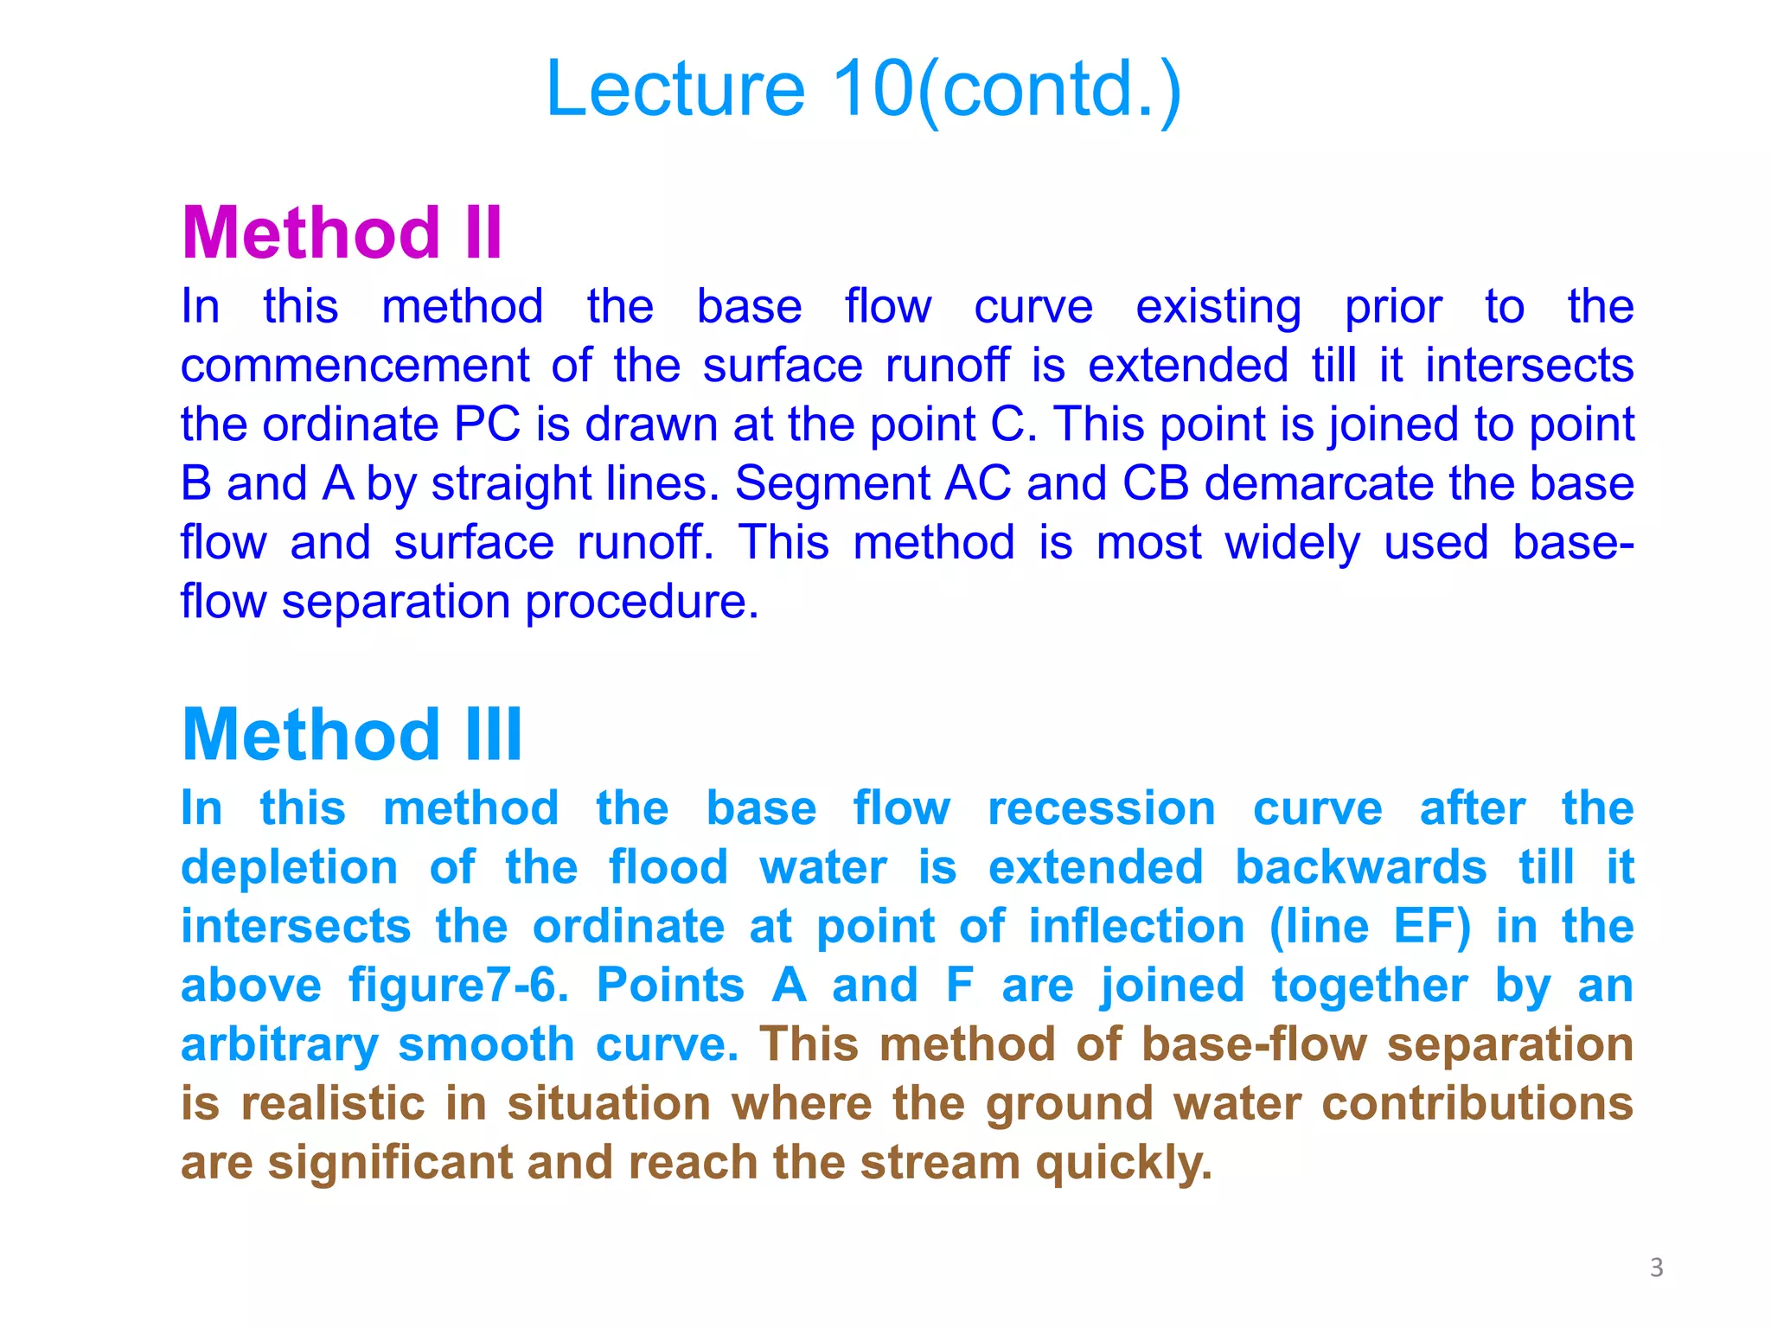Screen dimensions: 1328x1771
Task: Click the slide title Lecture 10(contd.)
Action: point(863,89)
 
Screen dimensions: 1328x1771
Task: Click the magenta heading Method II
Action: point(342,233)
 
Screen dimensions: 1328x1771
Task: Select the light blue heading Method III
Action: point(352,735)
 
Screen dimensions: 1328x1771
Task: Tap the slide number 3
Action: point(1656,1267)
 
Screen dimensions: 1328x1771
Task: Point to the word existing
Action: point(1218,307)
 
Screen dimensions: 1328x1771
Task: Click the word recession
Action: point(1101,809)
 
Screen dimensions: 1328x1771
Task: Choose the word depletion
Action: point(289,868)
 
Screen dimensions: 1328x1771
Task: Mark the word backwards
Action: point(1360,867)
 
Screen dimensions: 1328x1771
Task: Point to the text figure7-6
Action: point(458,986)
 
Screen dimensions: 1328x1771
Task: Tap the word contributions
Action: point(1477,1104)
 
